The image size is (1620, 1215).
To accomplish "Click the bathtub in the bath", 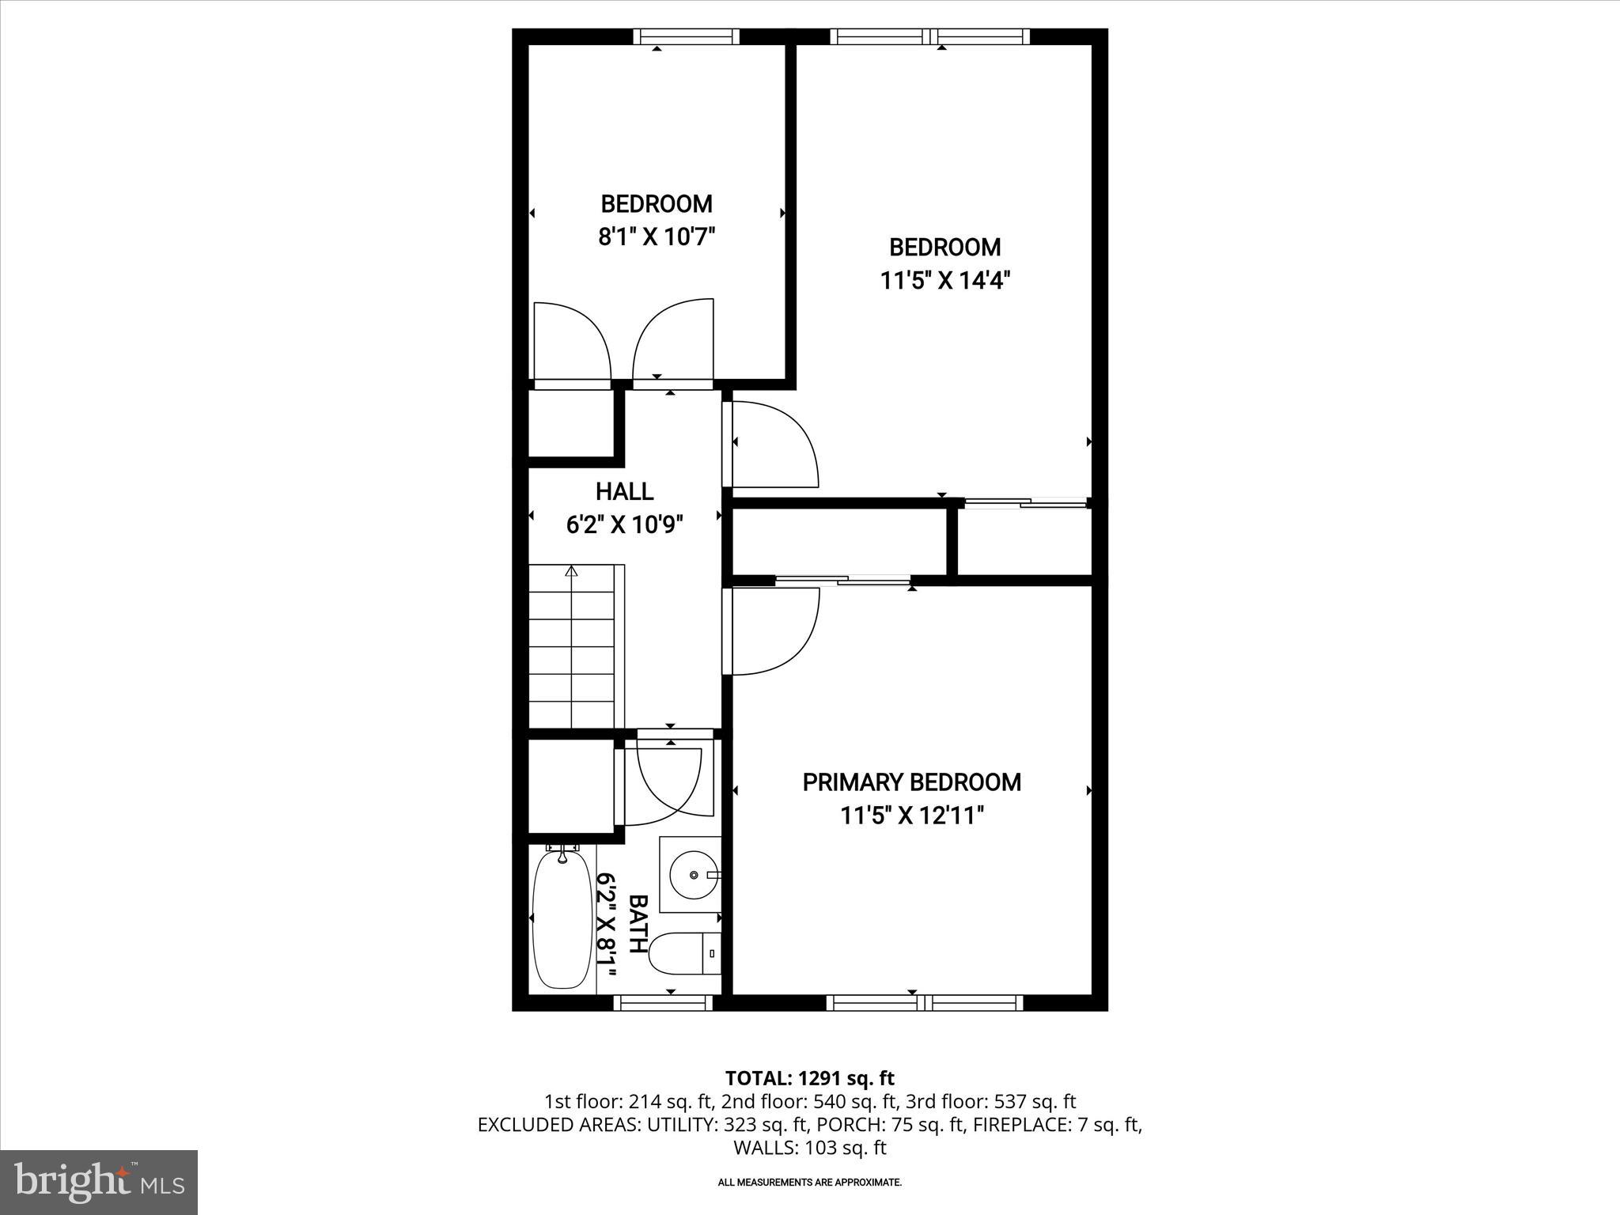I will click(x=562, y=917).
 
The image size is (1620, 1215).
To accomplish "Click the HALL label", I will click(x=624, y=491).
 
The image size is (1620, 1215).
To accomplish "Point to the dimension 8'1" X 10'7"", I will click(x=657, y=237).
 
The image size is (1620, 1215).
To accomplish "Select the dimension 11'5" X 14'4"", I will click(x=945, y=280).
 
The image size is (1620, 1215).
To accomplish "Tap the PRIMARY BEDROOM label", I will click(x=911, y=782).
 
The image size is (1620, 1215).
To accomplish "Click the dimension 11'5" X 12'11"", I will click(x=911, y=816).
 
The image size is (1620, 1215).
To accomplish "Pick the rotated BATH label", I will click(x=638, y=923).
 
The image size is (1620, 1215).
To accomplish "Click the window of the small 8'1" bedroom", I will click(x=686, y=36).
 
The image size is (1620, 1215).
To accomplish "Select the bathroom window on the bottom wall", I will click(x=663, y=1003).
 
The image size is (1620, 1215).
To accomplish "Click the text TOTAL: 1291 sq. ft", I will click(x=809, y=1077).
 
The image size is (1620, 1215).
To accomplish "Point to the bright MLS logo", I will click(x=99, y=1182).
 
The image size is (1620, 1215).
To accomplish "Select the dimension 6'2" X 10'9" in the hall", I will click(x=624, y=524).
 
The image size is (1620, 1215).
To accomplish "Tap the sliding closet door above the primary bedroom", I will click(x=842, y=581).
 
